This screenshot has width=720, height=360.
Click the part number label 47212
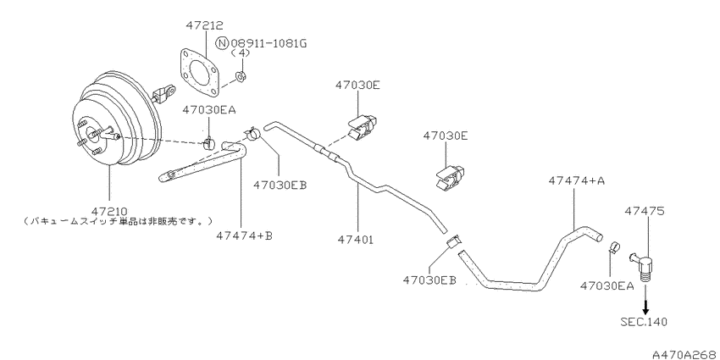204,25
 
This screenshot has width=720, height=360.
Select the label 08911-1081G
269,43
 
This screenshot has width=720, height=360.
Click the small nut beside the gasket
241,76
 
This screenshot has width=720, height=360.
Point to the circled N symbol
222,43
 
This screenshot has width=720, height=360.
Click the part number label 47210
109,212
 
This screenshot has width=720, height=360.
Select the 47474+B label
245,235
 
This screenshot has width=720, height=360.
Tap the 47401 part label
356,239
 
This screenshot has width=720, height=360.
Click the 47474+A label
576,181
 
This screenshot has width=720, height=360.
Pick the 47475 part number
644,211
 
